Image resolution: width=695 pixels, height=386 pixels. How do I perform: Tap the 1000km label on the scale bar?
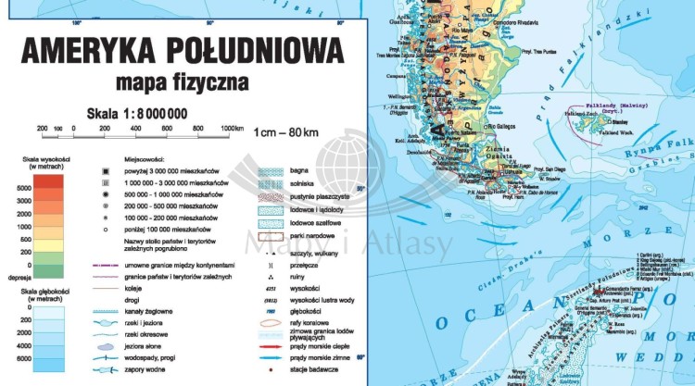pos(232,129)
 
